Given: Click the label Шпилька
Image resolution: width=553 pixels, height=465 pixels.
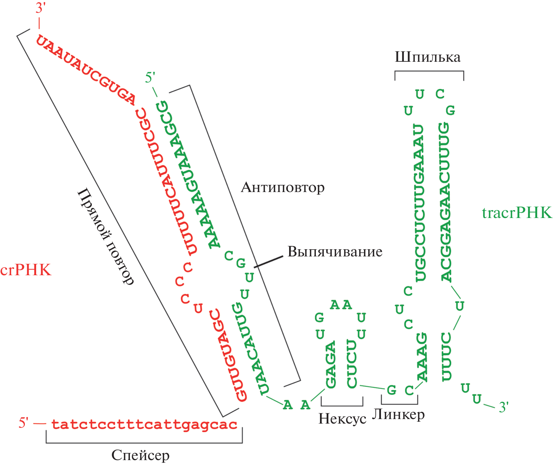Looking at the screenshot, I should pos(427,57).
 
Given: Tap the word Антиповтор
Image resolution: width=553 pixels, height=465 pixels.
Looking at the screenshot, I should pos(282,187).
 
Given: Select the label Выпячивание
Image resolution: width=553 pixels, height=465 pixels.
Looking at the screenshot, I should pos(335,252).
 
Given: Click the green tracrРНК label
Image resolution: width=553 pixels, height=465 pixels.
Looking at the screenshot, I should pos(516,213).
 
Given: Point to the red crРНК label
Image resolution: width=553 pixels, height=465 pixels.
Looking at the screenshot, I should pos(26,270).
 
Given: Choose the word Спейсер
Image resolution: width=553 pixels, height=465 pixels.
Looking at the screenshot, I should pos(140,455).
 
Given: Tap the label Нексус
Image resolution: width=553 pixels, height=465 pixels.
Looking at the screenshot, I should pos(342,418).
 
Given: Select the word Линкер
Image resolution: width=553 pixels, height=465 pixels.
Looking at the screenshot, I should pos(398,415).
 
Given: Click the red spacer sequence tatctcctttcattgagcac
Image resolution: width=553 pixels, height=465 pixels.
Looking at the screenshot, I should pos(144,424).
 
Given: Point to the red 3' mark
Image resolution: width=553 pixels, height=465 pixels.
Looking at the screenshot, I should pos(40,8).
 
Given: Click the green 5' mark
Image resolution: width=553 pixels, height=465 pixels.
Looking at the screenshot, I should pos(150,78).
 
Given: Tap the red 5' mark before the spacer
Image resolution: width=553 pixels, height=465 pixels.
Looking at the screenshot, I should pos(24,423).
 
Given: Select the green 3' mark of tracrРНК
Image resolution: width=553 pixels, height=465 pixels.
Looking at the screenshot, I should pos(503,407).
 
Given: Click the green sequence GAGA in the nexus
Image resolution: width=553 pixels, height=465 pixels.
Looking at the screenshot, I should pos(331,364).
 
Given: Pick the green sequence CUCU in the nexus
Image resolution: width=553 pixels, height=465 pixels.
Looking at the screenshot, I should pos(352,364).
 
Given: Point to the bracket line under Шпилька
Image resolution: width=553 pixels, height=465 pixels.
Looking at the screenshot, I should pos(429,71).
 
